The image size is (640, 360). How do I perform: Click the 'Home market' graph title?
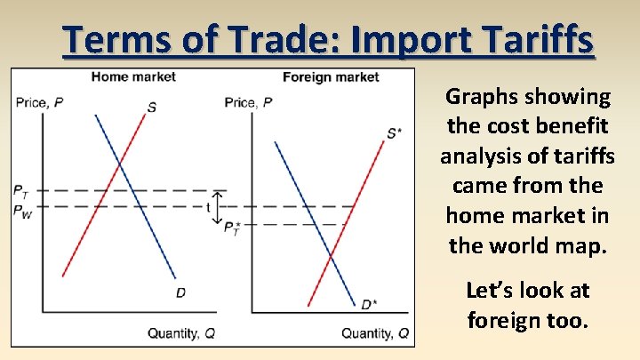click(133, 76)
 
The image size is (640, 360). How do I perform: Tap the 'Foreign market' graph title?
click(331, 76)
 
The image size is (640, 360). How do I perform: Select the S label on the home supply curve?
click(152, 108)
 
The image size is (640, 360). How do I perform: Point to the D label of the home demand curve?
click(180, 292)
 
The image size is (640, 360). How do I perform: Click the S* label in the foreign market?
click(394, 133)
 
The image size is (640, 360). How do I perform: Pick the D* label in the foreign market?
click(368, 305)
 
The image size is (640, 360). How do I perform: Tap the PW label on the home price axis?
click(22, 212)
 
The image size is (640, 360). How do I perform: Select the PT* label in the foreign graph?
click(232, 229)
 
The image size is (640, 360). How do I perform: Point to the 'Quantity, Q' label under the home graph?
click(181, 333)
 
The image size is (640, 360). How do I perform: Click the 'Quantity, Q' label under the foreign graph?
click(376, 333)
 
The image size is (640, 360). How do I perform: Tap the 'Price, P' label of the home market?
click(38, 102)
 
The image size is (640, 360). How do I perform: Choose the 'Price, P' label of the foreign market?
click(248, 102)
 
